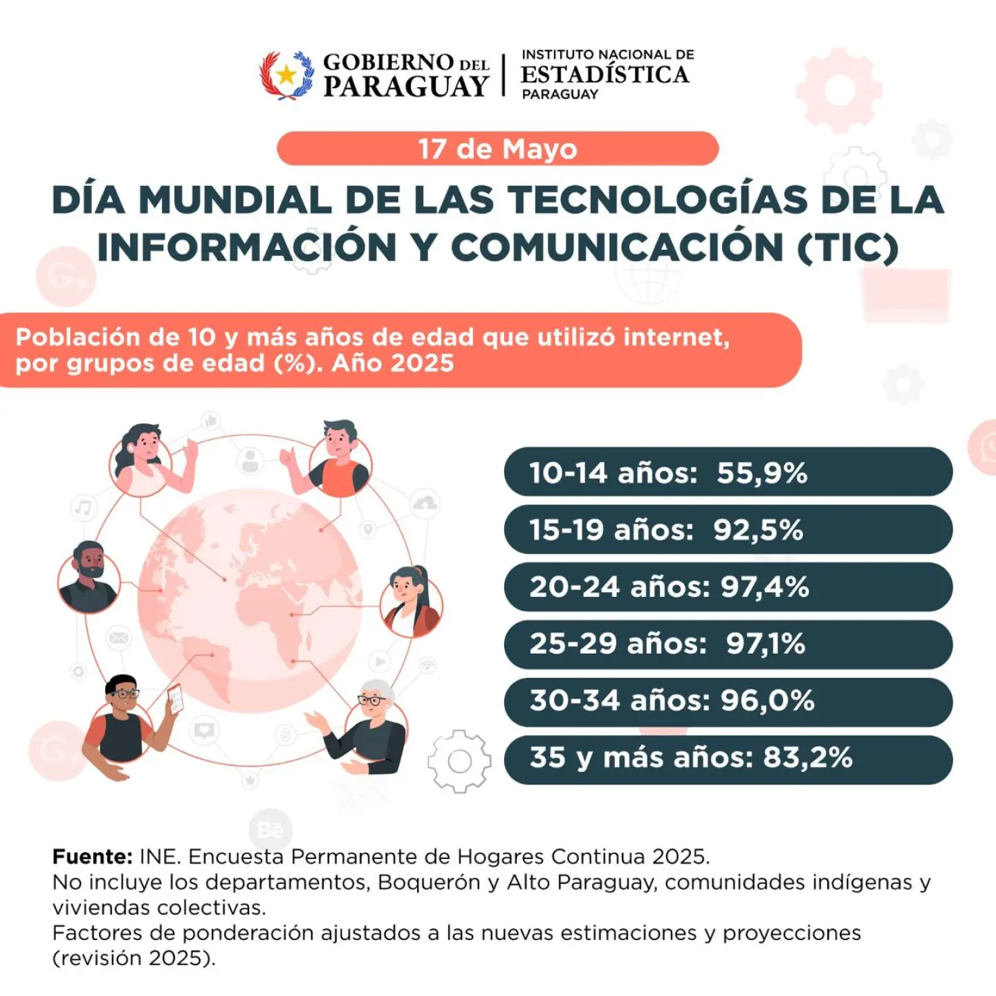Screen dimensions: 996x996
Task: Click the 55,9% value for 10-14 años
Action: coord(762,473)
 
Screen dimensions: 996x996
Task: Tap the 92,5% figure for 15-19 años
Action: coord(758,530)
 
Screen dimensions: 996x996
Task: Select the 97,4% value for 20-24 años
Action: coord(765,587)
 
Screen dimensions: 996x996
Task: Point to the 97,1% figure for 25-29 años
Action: coord(766,644)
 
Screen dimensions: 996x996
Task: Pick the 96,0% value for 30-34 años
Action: coord(768,701)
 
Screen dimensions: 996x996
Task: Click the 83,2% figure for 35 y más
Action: coord(808,758)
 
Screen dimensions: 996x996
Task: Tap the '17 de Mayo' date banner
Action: coord(498,149)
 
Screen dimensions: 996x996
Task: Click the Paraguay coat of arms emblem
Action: coord(286,75)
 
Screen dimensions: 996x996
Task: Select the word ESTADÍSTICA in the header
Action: coord(605,75)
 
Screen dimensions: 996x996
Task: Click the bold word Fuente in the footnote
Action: coord(92,856)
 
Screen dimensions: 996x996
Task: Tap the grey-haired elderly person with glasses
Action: coord(370,728)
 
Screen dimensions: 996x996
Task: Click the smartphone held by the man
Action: coord(175,699)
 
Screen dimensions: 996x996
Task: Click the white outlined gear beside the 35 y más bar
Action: coord(459,761)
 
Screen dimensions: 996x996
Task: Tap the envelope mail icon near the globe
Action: coord(118,638)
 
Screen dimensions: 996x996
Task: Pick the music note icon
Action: coord(83,508)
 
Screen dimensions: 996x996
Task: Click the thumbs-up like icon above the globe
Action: coord(210,421)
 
